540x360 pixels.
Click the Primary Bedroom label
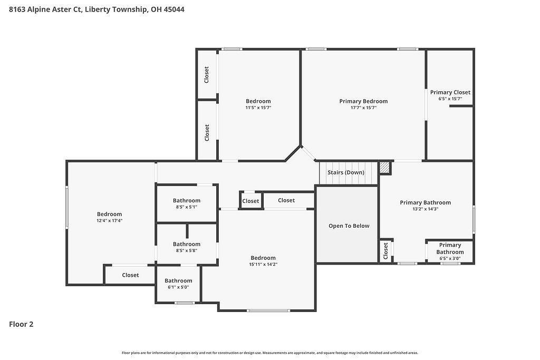[363, 101]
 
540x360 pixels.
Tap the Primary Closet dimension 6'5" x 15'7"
[450, 99]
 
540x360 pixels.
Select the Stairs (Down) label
[346, 172]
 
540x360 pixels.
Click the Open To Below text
[349, 226]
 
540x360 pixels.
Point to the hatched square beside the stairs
[384, 168]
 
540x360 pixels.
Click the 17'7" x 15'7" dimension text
[363, 108]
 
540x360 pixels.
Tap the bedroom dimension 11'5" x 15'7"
[258, 108]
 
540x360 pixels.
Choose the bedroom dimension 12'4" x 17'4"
[110, 221]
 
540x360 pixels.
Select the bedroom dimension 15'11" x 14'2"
[263, 264]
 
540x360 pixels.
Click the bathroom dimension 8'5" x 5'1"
[187, 207]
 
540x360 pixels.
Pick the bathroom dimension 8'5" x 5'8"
[187, 250]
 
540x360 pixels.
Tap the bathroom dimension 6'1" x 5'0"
[178, 287]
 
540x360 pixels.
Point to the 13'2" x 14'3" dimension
[426, 209]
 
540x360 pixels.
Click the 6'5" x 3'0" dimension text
[450, 258]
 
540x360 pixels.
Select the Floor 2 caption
[21, 324]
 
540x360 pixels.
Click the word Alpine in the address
[38, 9]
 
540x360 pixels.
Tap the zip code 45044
[174, 9]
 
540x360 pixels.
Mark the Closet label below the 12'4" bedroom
[131, 275]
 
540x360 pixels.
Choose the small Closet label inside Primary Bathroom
[385, 251]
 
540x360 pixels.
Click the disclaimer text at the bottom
[270, 353]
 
